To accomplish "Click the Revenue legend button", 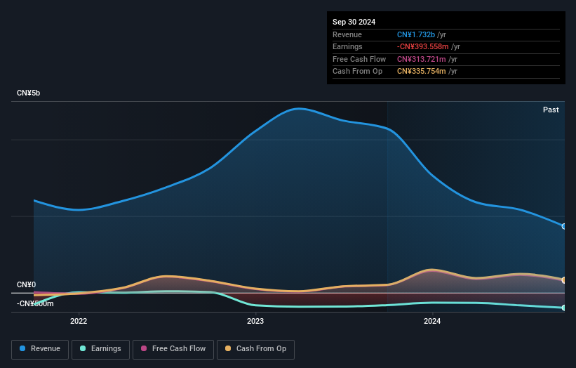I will [x=41, y=349].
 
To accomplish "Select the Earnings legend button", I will [x=100, y=349].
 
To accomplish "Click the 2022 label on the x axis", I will [x=79, y=322].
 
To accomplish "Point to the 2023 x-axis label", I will [x=255, y=322].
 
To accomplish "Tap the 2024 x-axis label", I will [x=432, y=322].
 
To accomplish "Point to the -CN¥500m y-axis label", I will [x=35, y=303].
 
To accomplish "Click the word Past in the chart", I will [x=551, y=110].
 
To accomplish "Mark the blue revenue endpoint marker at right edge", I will [x=563, y=226].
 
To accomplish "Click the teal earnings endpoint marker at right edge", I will [x=563, y=308].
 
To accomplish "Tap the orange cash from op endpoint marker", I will [x=563, y=280].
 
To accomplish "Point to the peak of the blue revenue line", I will [x=300, y=109].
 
